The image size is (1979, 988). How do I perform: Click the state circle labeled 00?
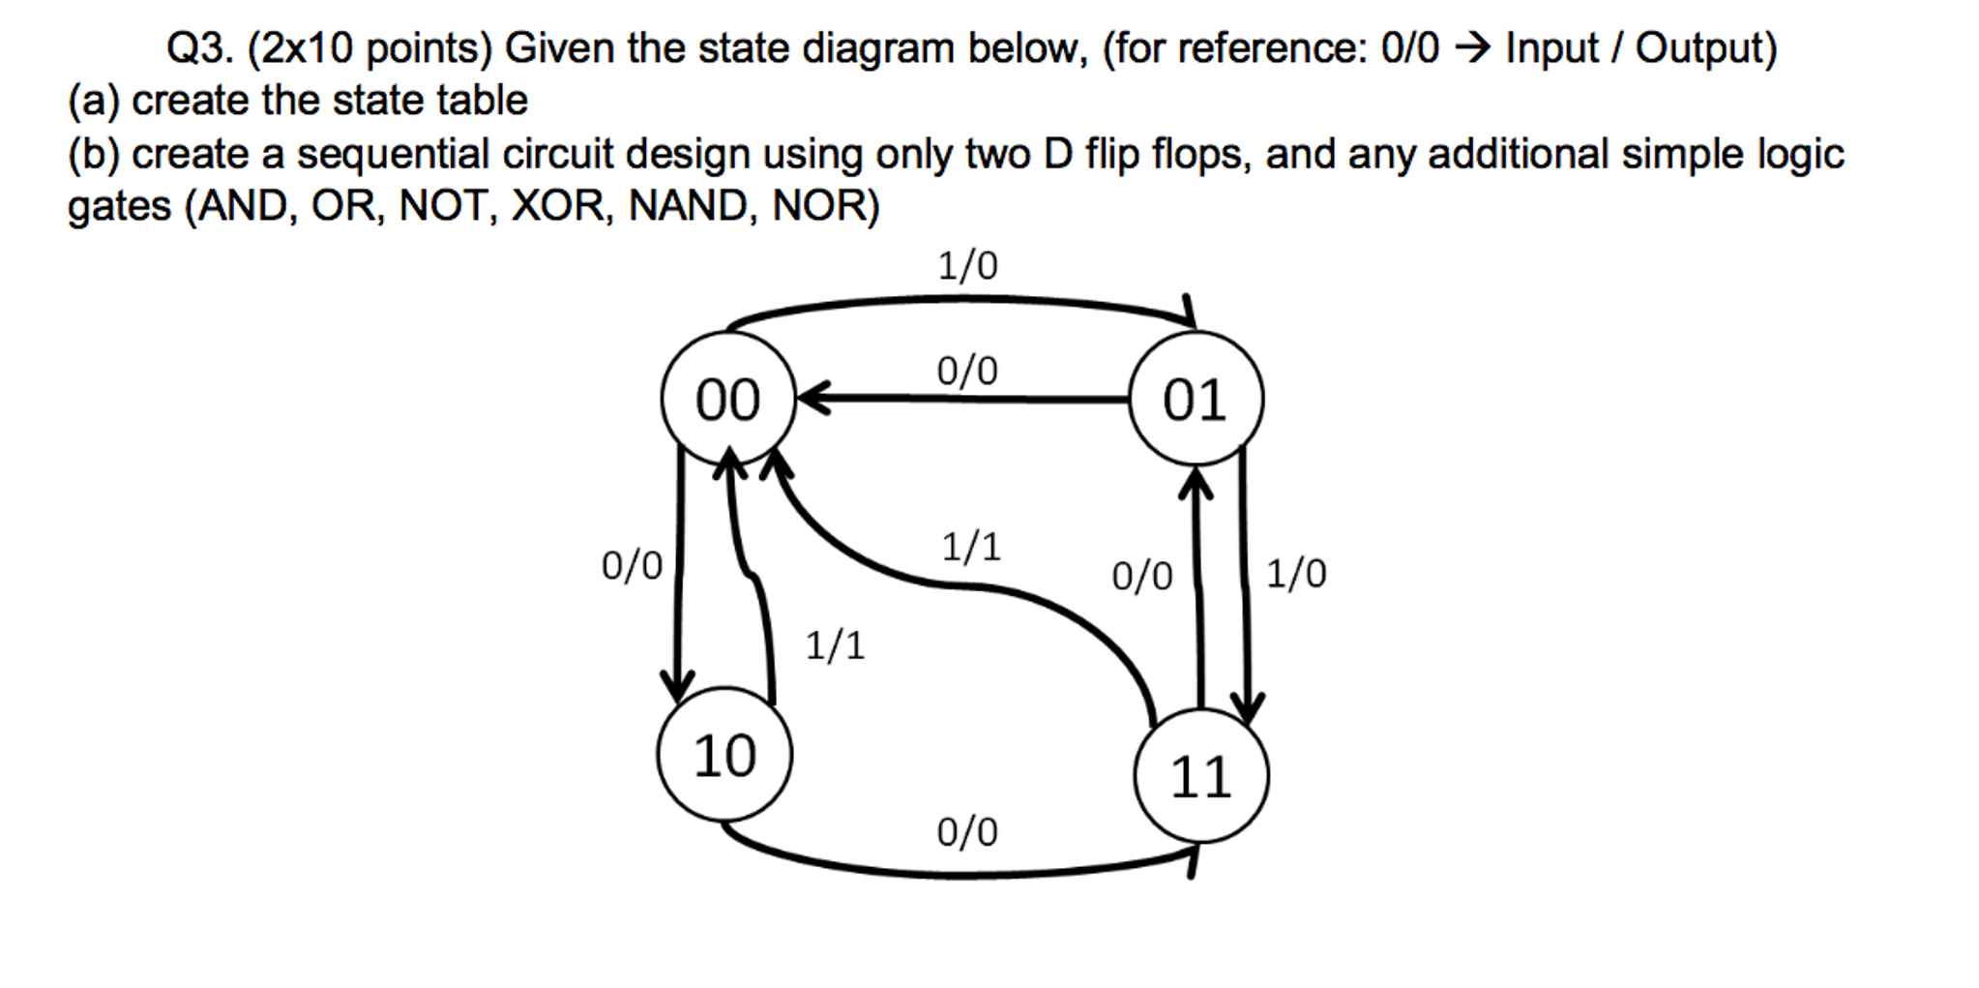[727, 399]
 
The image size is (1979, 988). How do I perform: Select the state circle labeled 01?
[1196, 399]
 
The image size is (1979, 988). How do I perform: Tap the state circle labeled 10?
[724, 755]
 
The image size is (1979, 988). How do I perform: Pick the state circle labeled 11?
[1200, 776]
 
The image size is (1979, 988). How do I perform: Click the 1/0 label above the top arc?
[967, 265]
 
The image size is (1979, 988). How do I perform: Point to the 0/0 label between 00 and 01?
[967, 371]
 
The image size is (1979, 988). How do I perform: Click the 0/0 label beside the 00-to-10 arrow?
[632, 566]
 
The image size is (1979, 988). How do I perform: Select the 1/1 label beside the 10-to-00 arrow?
[835, 644]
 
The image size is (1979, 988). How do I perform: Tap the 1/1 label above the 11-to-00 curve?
[971, 548]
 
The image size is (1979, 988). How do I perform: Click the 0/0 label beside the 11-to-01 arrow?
[1141, 577]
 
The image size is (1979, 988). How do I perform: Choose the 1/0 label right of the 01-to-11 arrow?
[1296, 574]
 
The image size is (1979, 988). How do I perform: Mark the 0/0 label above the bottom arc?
[967, 832]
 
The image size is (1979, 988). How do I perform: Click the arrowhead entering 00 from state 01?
[811, 398]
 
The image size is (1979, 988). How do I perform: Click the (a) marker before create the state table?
[93, 101]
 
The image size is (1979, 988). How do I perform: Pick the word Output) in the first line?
[1706, 48]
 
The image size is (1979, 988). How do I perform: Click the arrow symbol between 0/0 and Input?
[1473, 47]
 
